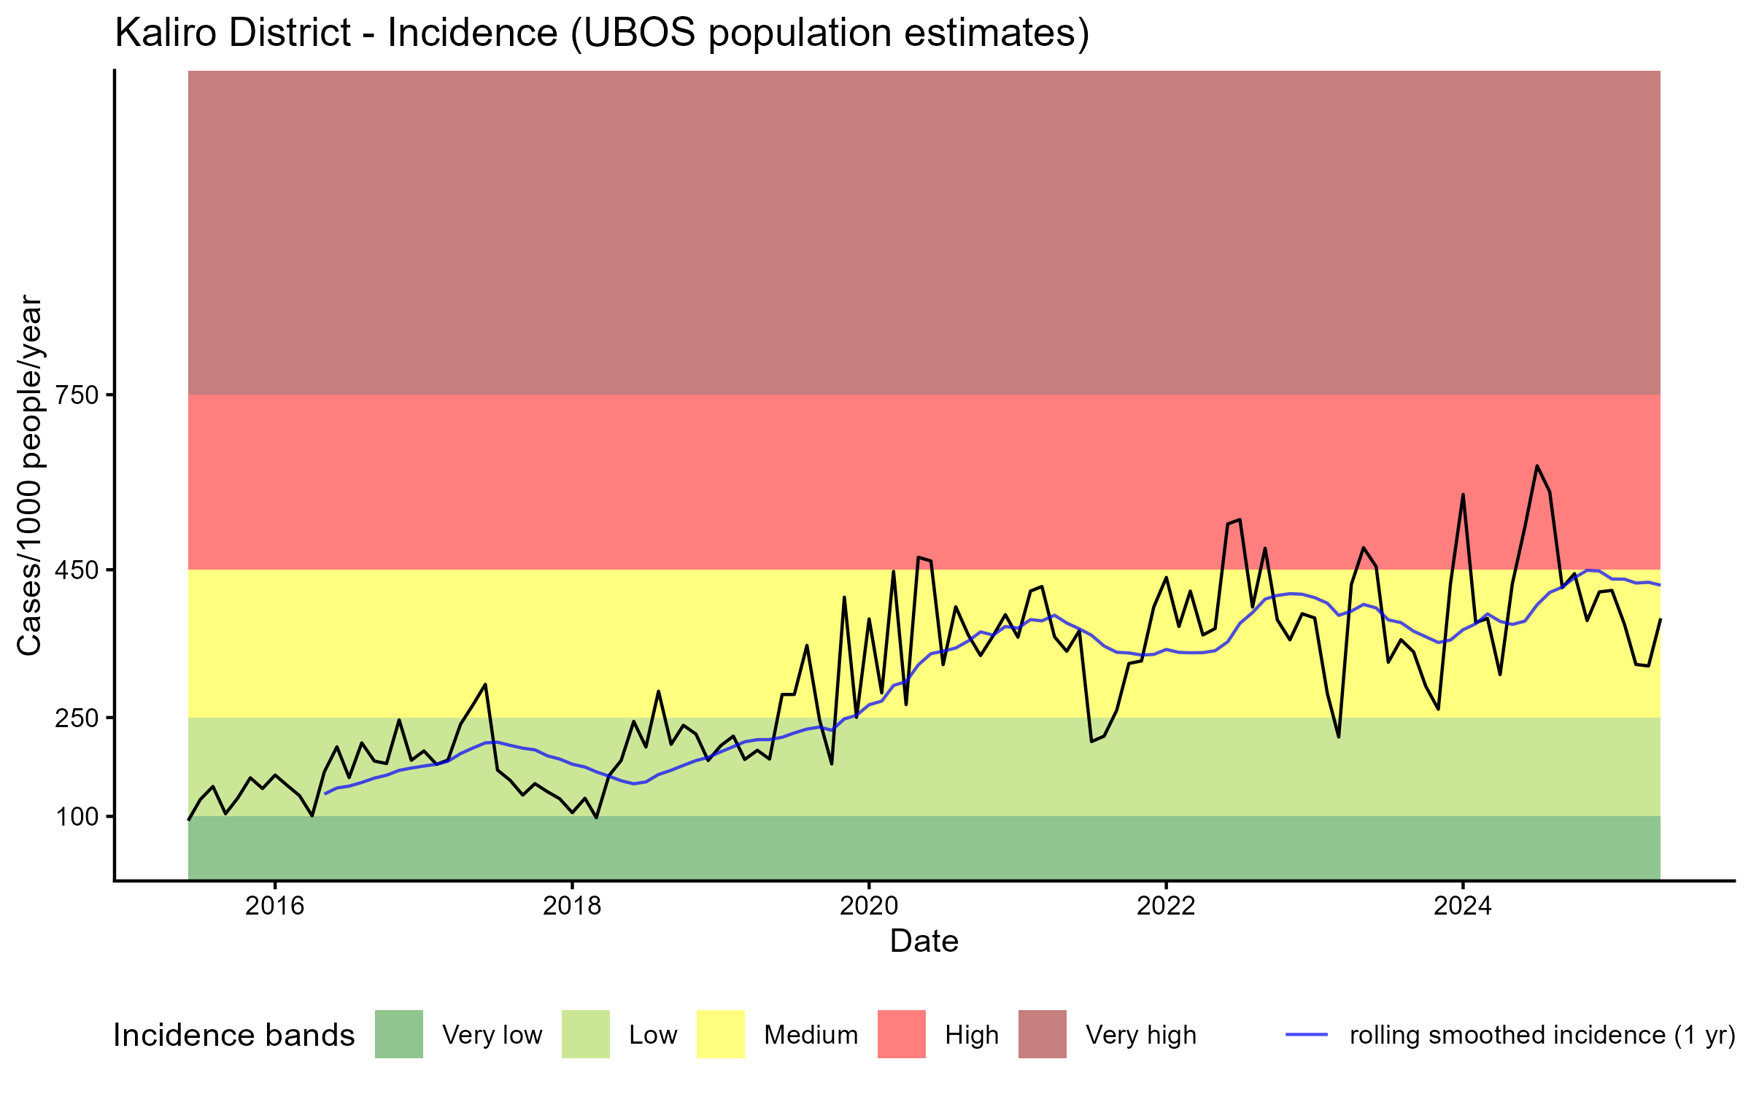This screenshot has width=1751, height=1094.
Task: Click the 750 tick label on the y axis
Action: point(77,395)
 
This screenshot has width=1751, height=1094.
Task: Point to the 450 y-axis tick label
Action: point(77,570)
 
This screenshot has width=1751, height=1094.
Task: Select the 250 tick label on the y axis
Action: point(77,718)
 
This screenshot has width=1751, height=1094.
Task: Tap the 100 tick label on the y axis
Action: point(77,817)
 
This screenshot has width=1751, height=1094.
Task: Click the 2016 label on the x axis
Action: point(274,906)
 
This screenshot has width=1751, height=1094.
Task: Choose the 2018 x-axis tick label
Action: point(572,906)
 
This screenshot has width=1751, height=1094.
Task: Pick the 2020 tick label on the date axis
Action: point(869,906)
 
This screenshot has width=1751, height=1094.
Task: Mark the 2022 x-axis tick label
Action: point(1166,906)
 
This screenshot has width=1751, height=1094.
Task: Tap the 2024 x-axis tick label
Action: point(1463,906)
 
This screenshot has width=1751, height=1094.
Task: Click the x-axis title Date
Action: point(924,942)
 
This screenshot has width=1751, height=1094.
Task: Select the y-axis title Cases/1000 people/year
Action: point(31,475)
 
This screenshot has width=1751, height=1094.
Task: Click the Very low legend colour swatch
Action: point(399,1034)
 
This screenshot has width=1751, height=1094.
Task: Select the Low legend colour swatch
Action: point(586,1034)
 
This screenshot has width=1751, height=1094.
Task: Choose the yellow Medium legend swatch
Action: point(721,1034)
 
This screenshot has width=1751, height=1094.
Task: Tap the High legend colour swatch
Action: point(902,1034)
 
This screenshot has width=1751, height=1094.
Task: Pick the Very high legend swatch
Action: point(1043,1034)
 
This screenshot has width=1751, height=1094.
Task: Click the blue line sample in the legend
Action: point(1306,1034)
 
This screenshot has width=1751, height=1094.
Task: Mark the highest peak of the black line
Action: point(1537,465)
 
